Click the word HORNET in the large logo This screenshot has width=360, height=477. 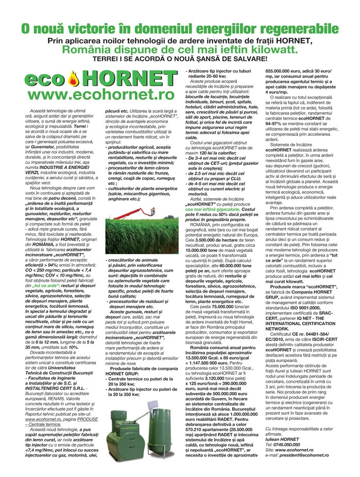[x=129, y=78]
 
